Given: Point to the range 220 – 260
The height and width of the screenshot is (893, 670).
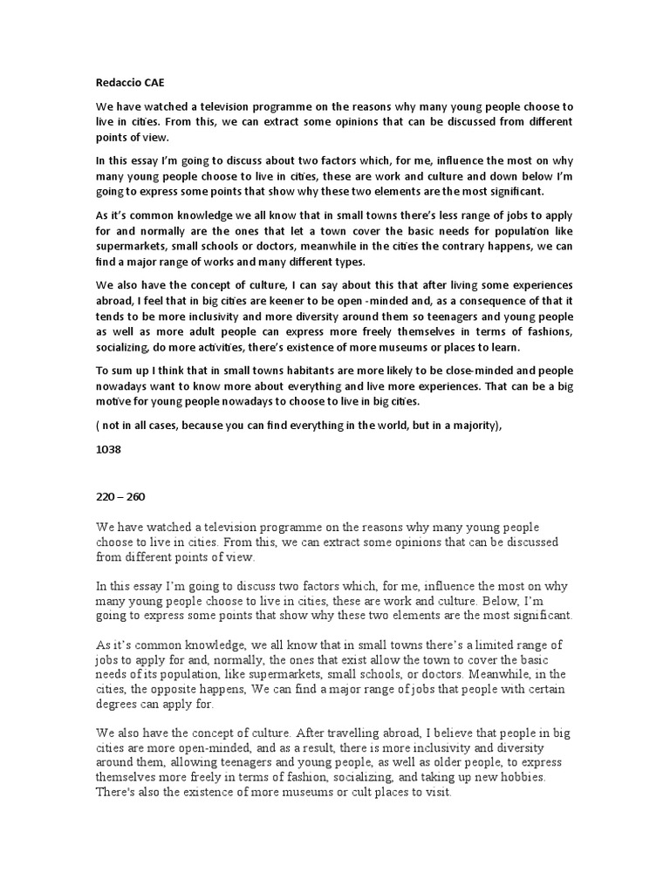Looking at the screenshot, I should coord(120,496).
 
